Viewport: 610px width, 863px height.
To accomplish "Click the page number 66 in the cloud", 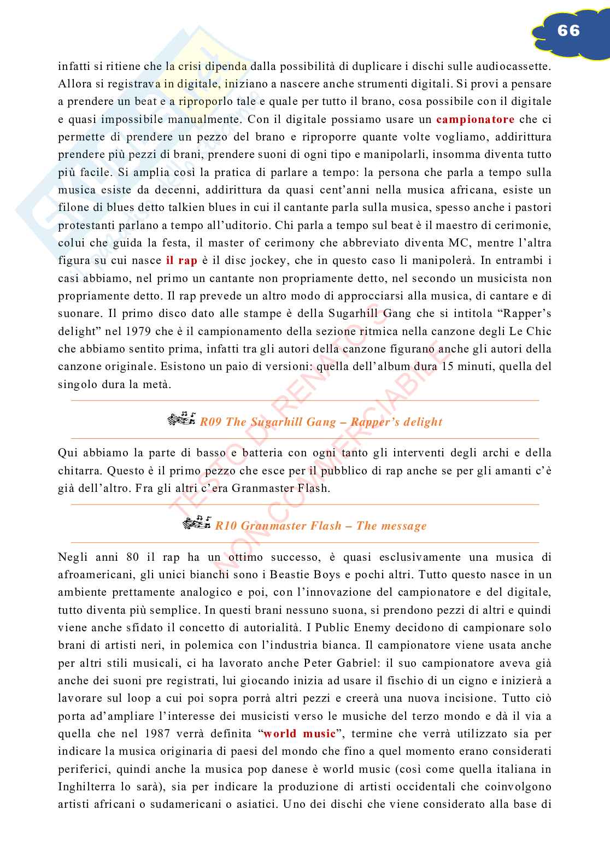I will pyautogui.click(x=568, y=31).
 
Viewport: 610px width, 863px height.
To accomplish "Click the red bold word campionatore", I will pyautogui.click(x=475, y=119).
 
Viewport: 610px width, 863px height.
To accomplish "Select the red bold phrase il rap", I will pyautogui.click(x=181, y=261).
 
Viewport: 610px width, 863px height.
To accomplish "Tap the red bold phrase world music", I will pyautogui.click(x=299, y=733).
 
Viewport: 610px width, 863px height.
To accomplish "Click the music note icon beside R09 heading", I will pyautogui.click(x=181, y=420).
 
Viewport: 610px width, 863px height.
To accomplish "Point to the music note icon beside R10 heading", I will pyautogui.click(x=196, y=524).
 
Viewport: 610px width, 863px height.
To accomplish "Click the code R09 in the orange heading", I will pyautogui.click(x=211, y=422).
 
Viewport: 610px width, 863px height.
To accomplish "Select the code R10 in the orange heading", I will pyautogui.click(x=226, y=526).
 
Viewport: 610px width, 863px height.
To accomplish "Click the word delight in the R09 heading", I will pyautogui.click(x=421, y=422).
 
